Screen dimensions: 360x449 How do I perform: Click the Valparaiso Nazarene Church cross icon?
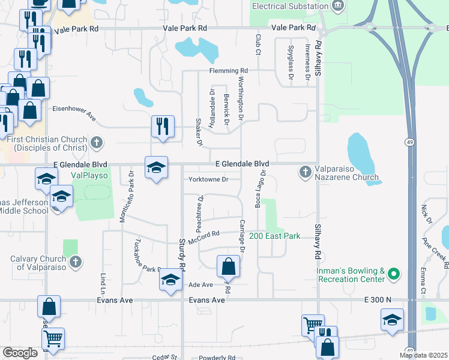(x=305, y=172)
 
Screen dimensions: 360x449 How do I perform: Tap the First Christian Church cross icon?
(x=97, y=143)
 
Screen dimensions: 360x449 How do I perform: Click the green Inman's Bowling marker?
(x=394, y=275)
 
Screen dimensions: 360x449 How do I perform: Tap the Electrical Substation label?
(x=290, y=6)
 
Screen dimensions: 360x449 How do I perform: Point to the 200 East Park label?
(x=274, y=236)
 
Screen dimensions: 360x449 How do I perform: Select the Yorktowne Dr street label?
(x=208, y=179)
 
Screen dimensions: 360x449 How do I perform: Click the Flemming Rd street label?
(x=229, y=71)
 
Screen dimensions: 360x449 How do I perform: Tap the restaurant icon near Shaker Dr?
(x=163, y=127)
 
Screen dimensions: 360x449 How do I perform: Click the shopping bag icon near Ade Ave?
(x=228, y=266)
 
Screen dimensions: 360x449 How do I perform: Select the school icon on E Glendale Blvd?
(x=156, y=167)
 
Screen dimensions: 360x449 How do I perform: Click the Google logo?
(x=20, y=352)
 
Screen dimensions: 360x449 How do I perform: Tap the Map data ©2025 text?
(x=423, y=355)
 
